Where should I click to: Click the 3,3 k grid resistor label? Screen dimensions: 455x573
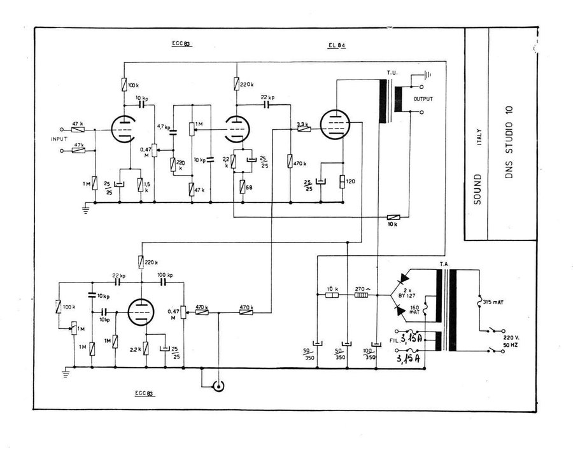point(303,123)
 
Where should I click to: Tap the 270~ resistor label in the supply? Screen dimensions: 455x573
point(364,288)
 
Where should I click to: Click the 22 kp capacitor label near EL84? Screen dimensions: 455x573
point(267,97)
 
